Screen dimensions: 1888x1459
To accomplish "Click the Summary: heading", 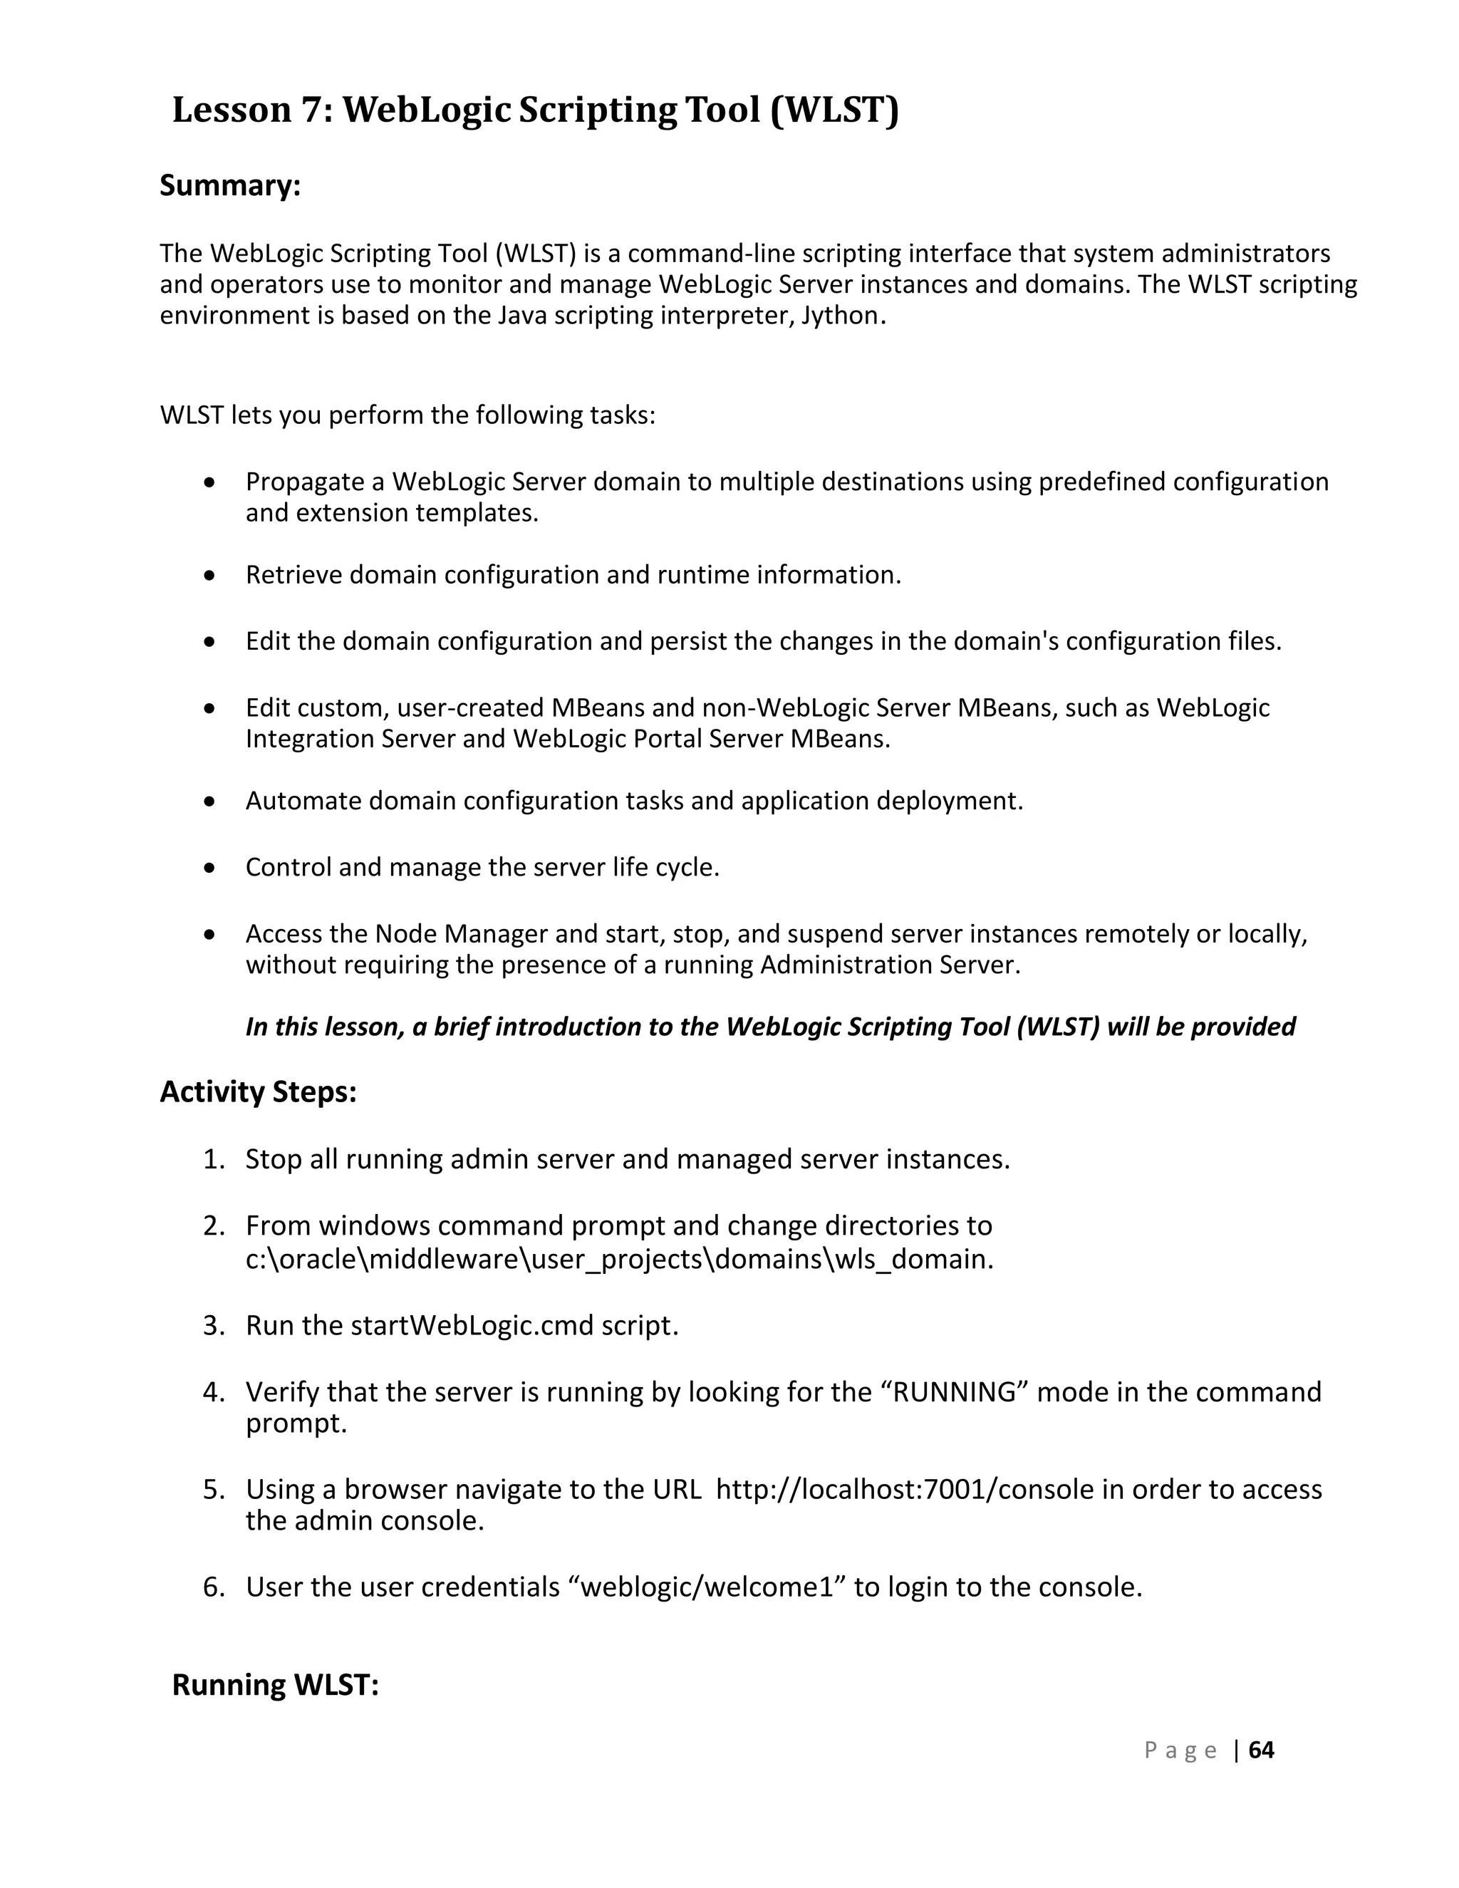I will pos(230,185).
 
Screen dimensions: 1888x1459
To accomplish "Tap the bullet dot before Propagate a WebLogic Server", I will pos(209,482).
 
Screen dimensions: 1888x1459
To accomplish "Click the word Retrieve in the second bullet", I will pos(294,575).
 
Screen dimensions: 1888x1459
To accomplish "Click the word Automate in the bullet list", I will pos(303,802).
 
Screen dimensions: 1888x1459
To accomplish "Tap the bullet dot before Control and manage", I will pos(209,868).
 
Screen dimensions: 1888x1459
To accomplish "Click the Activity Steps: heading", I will pos(258,1091).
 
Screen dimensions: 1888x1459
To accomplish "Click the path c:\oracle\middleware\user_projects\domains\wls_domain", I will pos(619,1260).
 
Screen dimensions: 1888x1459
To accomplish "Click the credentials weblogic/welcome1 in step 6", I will pos(708,1587).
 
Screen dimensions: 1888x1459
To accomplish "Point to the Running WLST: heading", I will pos(275,1685).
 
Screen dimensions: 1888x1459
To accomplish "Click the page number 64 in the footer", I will pos(1261,1750).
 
